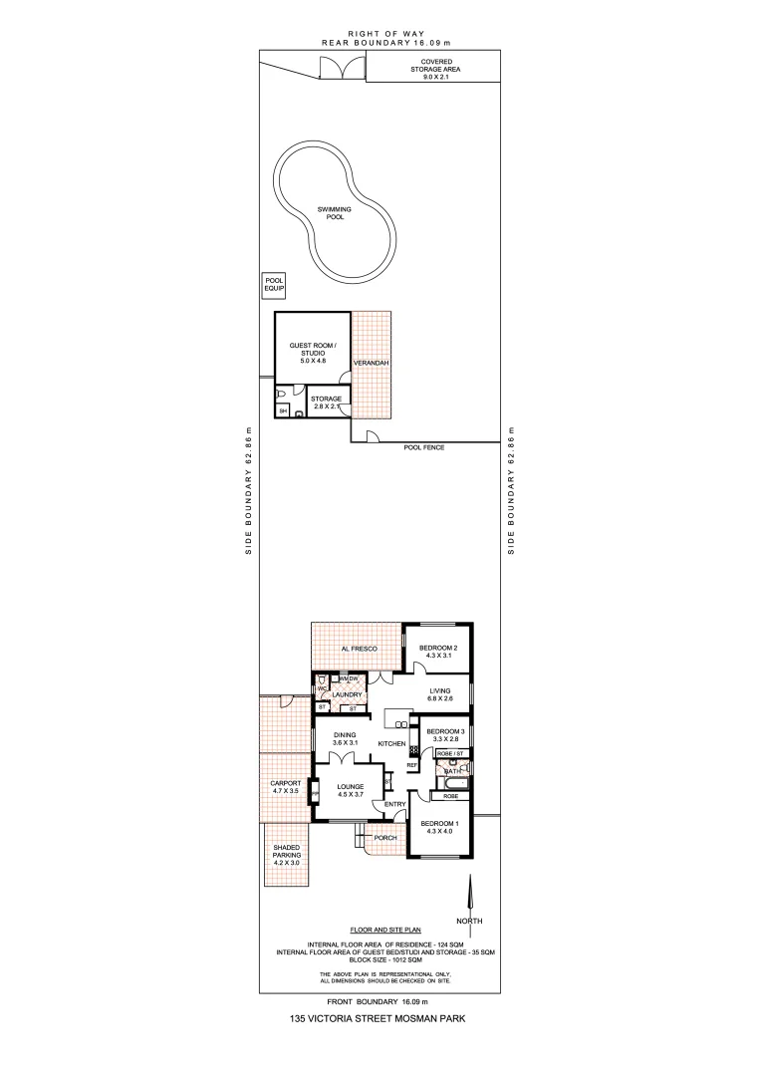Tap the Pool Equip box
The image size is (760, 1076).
click(274, 286)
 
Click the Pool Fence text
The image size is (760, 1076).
click(423, 447)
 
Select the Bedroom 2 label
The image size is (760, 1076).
click(438, 652)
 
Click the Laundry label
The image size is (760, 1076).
click(347, 694)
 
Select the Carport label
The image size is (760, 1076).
click(286, 787)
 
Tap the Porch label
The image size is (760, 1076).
click(385, 838)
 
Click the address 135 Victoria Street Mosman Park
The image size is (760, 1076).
click(380, 1018)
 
